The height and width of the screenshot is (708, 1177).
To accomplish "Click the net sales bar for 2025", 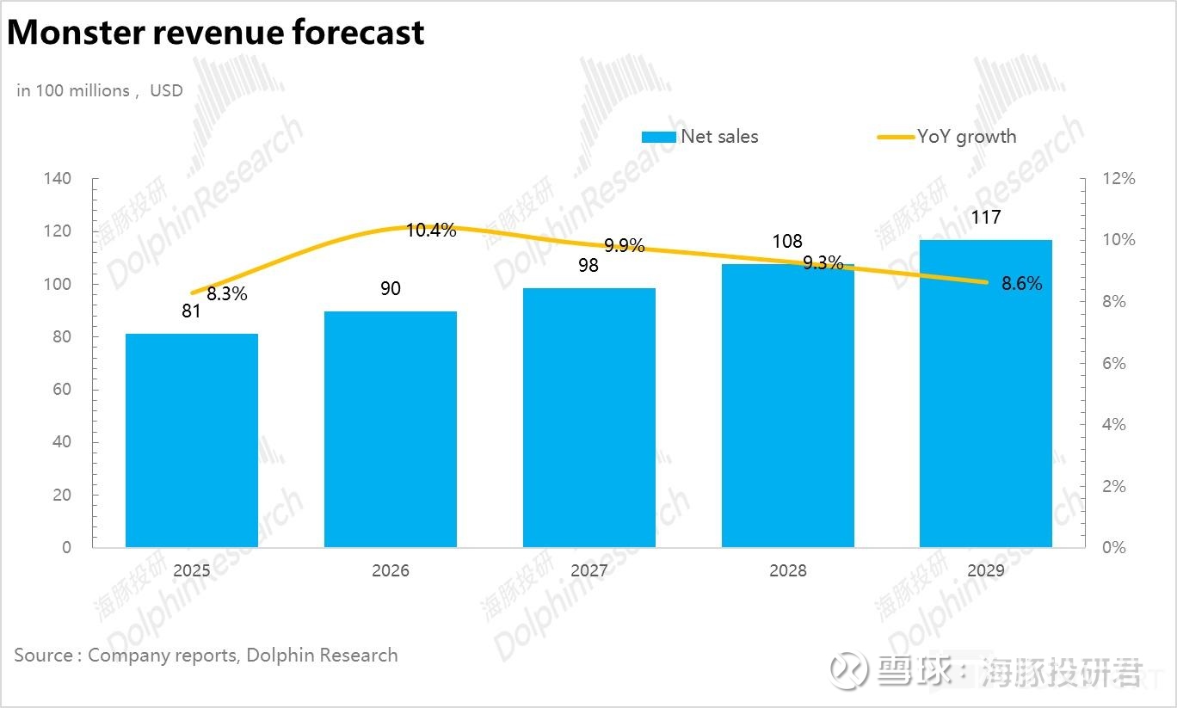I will click(191, 440).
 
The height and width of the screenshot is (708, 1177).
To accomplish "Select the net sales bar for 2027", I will click(589, 417).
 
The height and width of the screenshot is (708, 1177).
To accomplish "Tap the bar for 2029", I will click(986, 393).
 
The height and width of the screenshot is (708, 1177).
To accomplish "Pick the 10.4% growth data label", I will click(431, 231).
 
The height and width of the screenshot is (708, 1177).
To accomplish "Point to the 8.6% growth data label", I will click(1021, 284).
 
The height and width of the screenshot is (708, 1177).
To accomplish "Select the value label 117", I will click(986, 217).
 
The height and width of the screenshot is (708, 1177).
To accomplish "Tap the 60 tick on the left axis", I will click(62, 389).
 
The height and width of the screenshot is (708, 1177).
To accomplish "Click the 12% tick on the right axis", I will click(1118, 179).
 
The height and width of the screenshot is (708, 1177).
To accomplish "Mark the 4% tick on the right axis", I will click(1114, 424).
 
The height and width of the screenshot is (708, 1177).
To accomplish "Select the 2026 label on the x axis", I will click(391, 570).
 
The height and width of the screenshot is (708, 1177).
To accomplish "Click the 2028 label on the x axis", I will click(788, 570).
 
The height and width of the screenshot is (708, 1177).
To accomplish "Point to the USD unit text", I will click(167, 91).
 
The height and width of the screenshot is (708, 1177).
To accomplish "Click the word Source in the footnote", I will click(44, 656).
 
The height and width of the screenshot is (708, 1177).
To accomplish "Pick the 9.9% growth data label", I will click(624, 246).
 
